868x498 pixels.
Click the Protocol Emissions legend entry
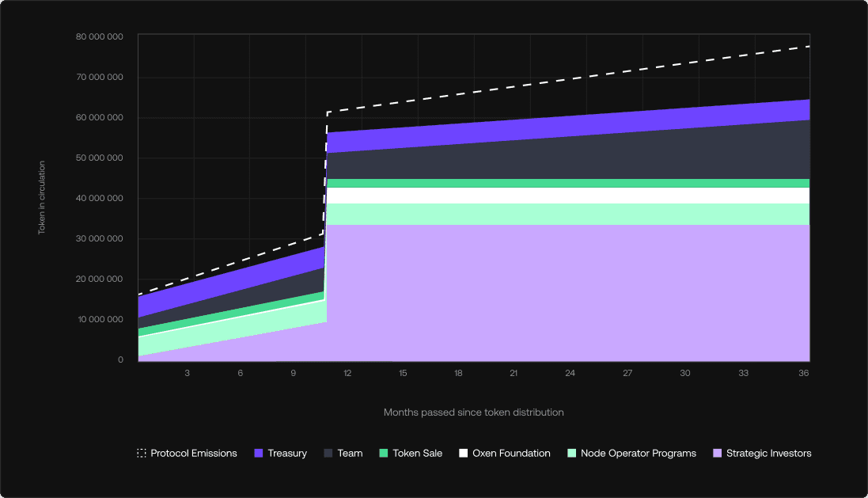point(187,454)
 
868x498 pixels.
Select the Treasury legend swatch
point(258,454)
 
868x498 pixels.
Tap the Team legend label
point(350,454)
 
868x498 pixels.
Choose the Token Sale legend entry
point(411,454)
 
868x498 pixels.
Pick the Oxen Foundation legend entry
point(504,454)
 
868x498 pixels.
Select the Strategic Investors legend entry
point(762,454)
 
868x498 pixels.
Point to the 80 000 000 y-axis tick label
point(100,36)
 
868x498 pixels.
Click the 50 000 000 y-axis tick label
point(100,158)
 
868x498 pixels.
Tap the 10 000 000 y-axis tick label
point(100,319)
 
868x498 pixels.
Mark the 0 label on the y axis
point(121,359)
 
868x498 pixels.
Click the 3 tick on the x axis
point(188,373)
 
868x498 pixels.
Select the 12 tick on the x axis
point(347,373)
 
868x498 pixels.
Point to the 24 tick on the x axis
point(570,373)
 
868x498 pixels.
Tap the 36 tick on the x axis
point(804,373)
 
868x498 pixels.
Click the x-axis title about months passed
point(473,412)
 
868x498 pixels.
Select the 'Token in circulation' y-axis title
point(42,198)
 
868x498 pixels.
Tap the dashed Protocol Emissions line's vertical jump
point(325,174)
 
